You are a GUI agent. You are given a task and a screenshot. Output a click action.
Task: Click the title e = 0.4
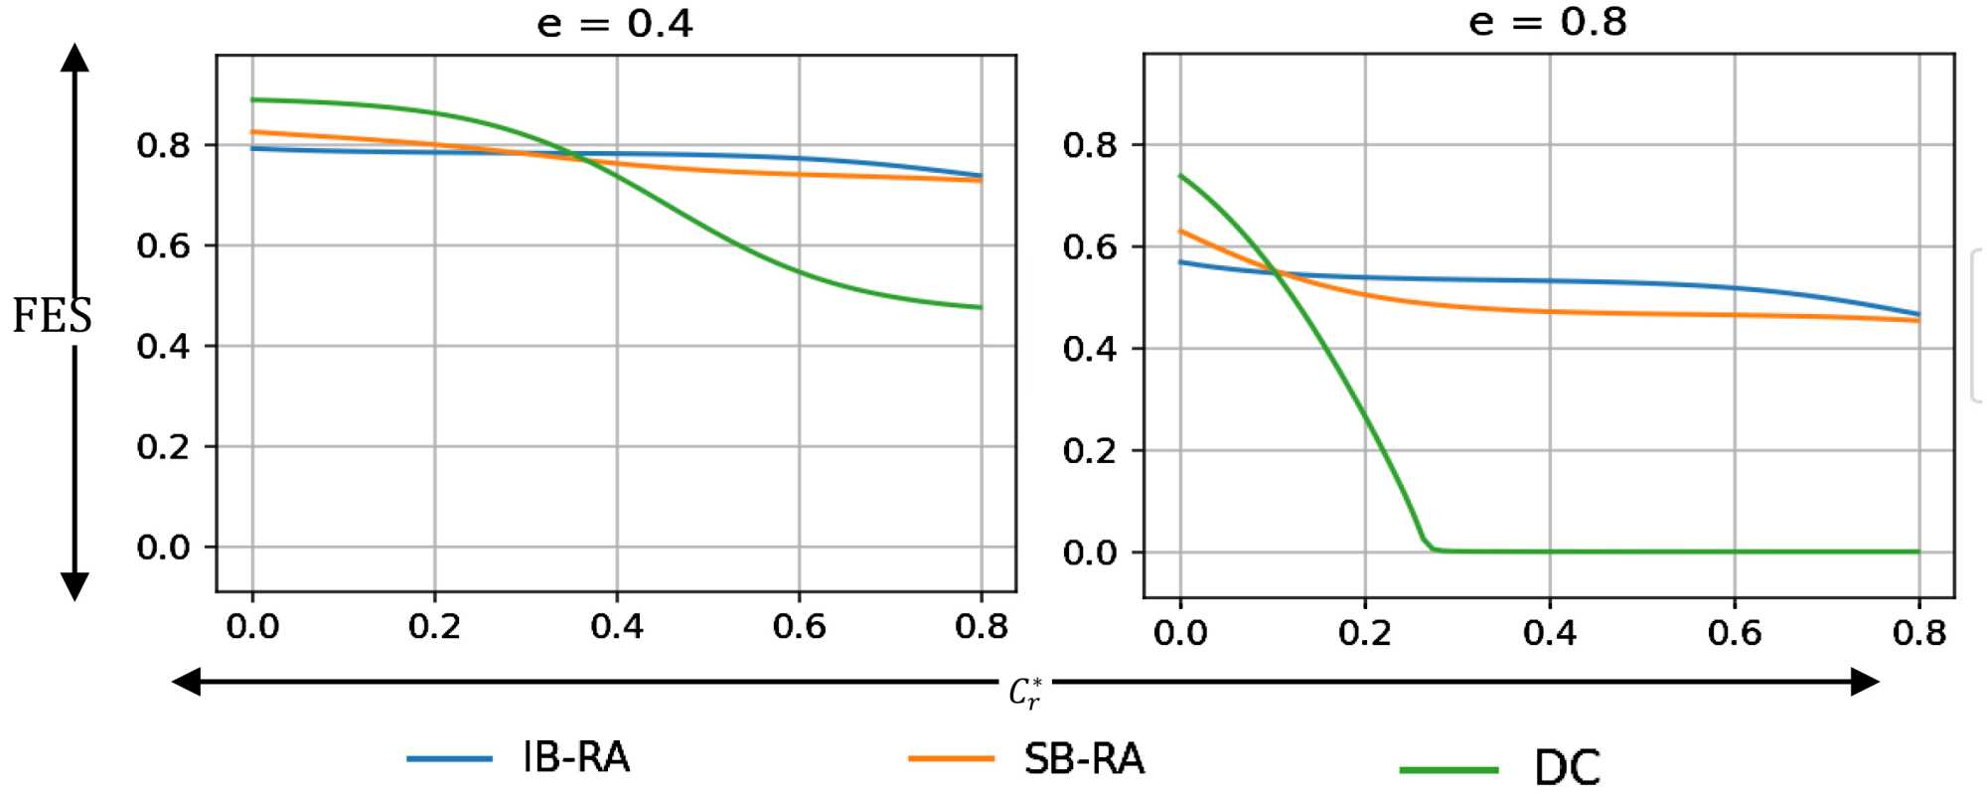point(614,23)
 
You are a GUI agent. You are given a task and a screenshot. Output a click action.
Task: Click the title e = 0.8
point(1547,22)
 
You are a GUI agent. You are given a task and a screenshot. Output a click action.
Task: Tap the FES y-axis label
point(52,316)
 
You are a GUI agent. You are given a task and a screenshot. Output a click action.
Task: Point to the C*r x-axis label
point(1025,692)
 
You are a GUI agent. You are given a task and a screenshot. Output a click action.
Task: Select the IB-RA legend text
point(576,758)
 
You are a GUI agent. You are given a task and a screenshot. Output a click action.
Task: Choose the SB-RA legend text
point(1084,759)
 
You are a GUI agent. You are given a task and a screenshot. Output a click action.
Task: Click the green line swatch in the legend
point(1449,770)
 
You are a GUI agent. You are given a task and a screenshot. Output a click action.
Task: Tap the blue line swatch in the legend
point(449,759)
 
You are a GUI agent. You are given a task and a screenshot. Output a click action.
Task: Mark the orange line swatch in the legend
point(951,759)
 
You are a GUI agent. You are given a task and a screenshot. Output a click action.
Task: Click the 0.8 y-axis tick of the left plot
point(163,146)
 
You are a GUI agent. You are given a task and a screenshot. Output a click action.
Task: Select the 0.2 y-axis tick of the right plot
point(1090,451)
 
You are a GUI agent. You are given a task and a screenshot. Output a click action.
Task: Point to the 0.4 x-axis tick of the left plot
point(616,626)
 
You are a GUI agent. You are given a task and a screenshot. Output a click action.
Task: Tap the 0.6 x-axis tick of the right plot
point(1734,632)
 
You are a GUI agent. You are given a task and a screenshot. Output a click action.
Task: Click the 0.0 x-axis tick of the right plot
point(1180,632)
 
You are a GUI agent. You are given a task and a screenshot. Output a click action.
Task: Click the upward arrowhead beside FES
point(75,57)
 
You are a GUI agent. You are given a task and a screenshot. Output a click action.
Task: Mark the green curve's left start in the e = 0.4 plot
point(253,99)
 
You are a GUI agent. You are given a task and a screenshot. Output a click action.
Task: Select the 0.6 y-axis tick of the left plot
point(163,246)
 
